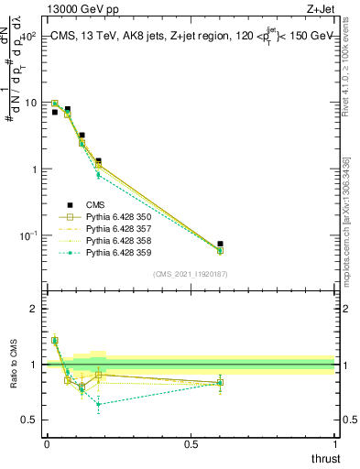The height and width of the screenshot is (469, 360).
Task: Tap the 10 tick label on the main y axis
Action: (27, 103)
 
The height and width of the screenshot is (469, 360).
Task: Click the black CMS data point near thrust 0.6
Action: (220, 244)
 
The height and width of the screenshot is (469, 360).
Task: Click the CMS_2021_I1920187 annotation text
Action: (190, 274)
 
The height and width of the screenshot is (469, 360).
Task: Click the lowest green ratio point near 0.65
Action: (98, 404)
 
